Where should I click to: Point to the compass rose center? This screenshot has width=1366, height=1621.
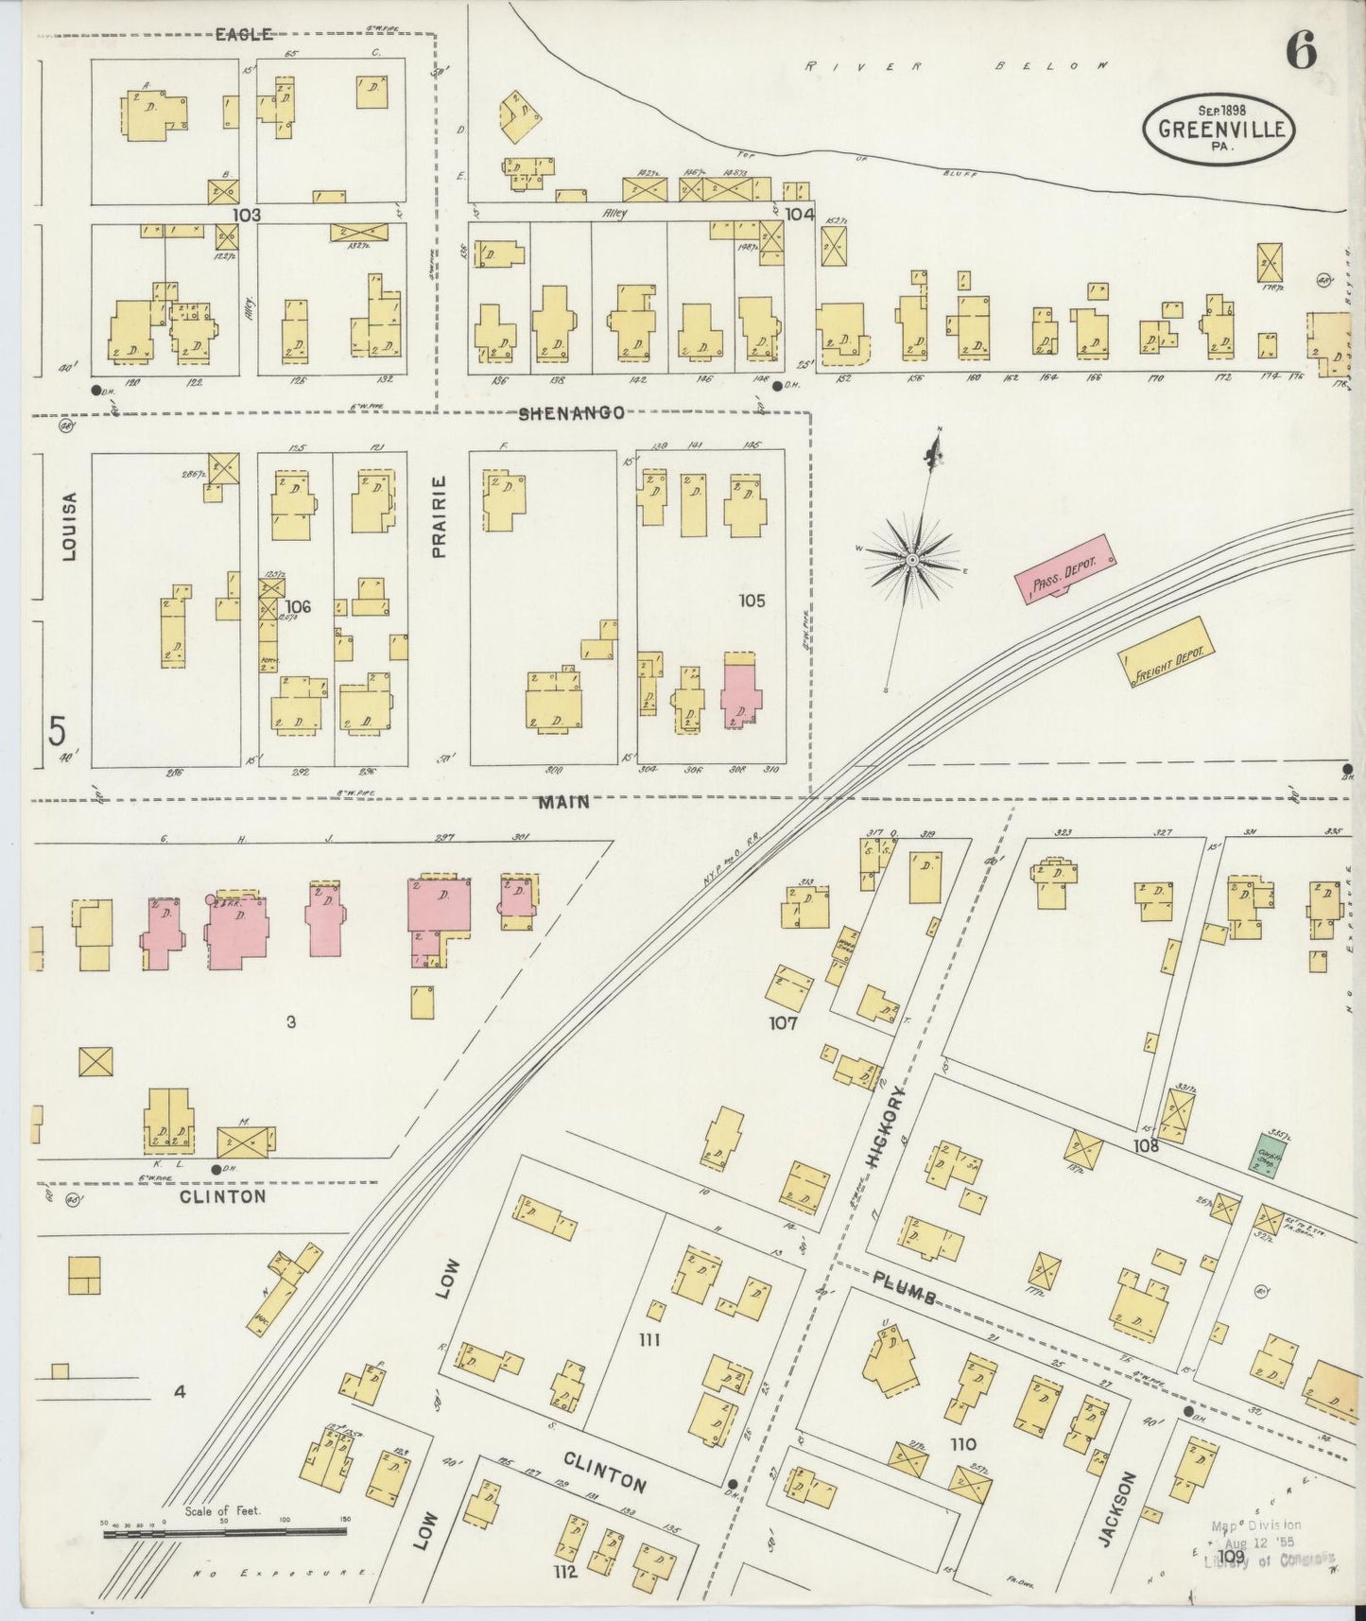click(912, 561)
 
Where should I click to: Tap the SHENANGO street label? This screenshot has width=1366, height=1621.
click(571, 413)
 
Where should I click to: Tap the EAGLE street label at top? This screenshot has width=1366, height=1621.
click(244, 35)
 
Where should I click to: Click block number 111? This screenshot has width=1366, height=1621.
click(648, 1339)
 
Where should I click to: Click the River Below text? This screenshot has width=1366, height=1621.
click(956, 66)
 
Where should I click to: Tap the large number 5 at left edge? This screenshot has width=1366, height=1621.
click(59, 732)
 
